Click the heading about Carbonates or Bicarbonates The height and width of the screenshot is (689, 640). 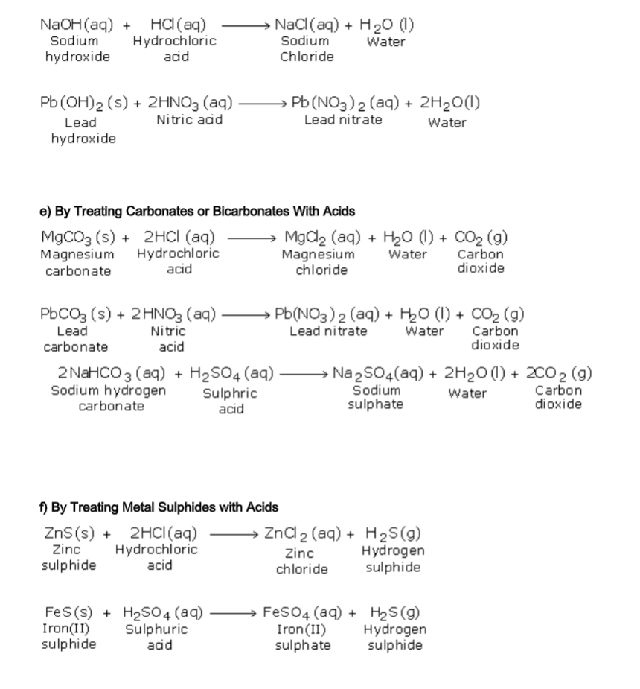(197, 212)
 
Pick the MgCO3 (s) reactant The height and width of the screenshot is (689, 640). (77, 238)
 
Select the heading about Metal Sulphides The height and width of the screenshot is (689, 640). (159, 507)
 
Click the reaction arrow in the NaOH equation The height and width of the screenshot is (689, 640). (244, 25)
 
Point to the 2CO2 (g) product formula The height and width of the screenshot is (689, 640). (559, 373)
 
